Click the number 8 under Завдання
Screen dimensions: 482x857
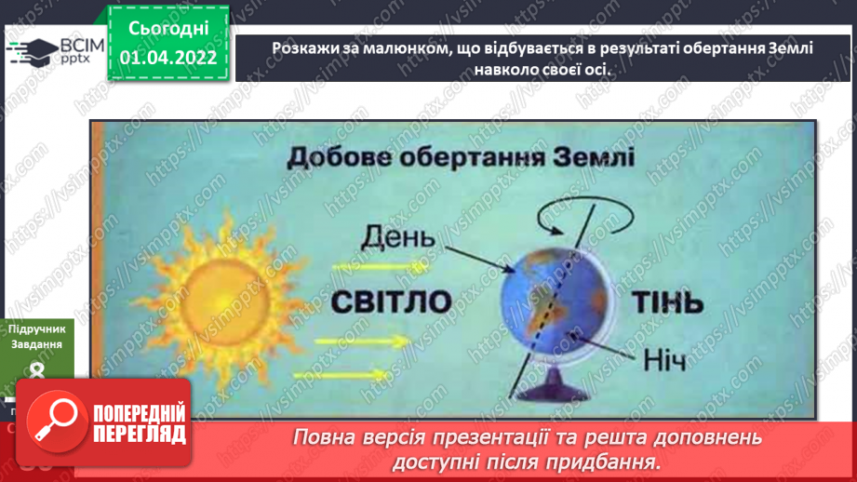pos(37,371)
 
